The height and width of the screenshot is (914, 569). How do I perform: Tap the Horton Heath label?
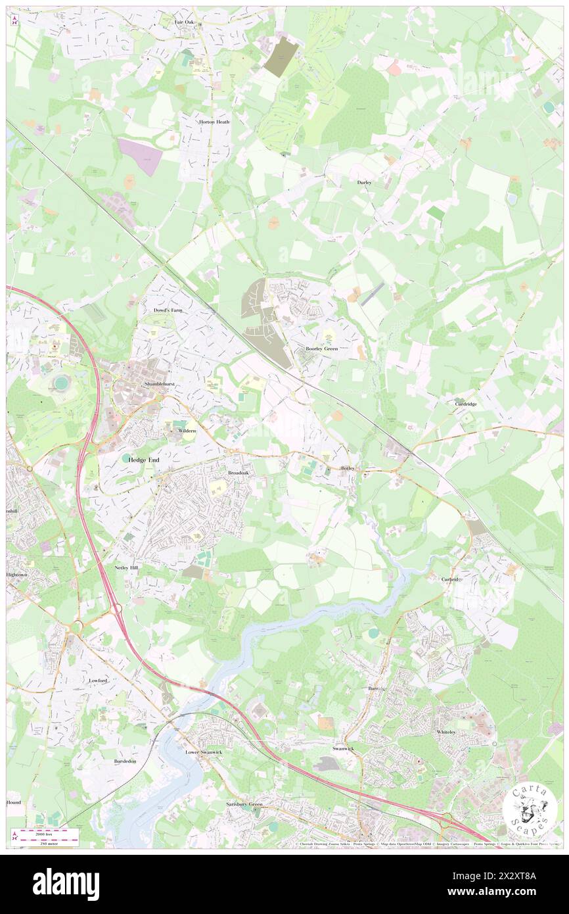coord(214,122)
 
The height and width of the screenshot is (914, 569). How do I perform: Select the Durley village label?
coord(365,182)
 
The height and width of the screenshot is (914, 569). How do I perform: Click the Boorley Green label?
coord(322,349)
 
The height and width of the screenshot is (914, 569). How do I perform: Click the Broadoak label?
coord(239,472)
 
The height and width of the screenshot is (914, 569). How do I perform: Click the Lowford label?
coord(97,680)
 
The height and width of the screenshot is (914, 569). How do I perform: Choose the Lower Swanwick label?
coord(200,752)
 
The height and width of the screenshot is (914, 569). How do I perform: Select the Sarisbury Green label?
coord(244,804)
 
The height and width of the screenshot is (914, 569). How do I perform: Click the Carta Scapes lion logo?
coord(530,809)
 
